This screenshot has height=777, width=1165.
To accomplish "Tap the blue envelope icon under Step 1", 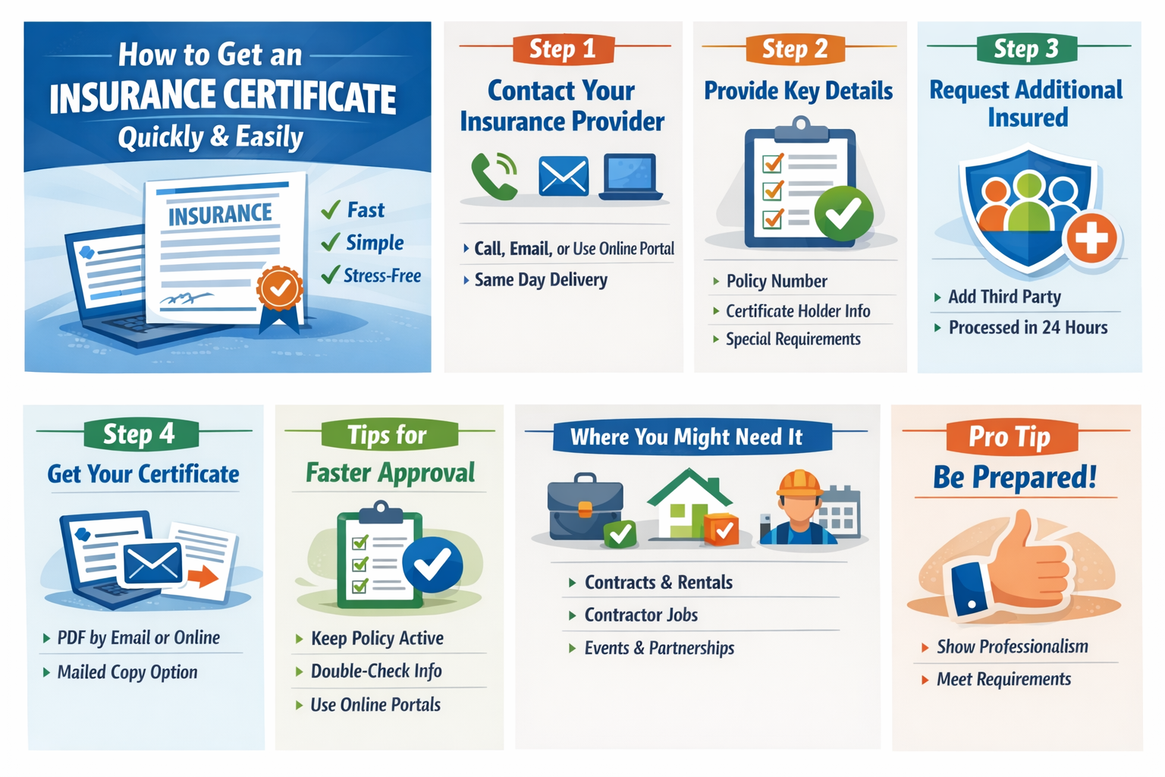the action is pyautogui.click(x=564, y=176).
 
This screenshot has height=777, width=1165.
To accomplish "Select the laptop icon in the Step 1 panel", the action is pyautogui.click(x=630, y=177).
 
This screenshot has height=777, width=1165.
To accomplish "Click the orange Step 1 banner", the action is pyautogui.click(x=564, y=49).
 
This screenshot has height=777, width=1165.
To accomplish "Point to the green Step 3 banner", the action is pyautogui.click(x=1027, y=49).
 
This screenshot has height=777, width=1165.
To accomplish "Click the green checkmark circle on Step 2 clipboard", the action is pyautogui.click(x=843, y=213).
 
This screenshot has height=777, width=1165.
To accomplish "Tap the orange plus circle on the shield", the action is pyautogui.click(x=1091, y=238).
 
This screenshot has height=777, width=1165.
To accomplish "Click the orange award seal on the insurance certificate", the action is pyautogui.click(x=280, y=288).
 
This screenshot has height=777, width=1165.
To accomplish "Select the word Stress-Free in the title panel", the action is pyautogui.click(x=382, y=275).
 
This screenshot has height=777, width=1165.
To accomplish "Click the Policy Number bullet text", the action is pyautogui.click(x=777, y=281).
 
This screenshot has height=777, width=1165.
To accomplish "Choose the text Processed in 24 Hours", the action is pyautogui.click(x=1028, y=327).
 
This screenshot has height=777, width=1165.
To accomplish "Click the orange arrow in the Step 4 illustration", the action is pyautogui.click(x=203, y=576).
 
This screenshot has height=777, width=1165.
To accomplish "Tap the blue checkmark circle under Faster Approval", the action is pyautogui.click(x=433, y=565).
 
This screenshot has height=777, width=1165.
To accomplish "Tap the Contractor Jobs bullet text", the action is pyautogui.click(x=641, y=615).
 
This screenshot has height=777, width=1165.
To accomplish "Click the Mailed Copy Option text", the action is pyautogui.click(x=127, y=672).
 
